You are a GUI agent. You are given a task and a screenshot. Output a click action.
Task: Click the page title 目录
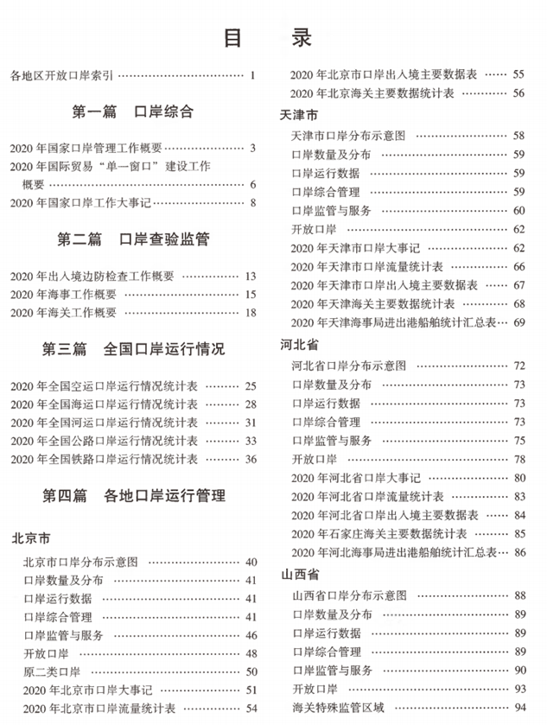coord(267,39)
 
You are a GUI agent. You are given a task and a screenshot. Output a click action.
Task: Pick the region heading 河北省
coord(299,346)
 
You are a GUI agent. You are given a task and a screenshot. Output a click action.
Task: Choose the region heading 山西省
coord(299,574)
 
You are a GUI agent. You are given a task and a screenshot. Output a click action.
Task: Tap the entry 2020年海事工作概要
coord(62,295)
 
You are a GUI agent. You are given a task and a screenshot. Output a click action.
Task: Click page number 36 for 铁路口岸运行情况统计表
coord(251,459)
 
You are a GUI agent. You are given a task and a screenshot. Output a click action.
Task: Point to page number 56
coord(518,93)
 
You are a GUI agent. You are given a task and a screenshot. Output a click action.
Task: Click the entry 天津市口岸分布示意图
coord(348,136)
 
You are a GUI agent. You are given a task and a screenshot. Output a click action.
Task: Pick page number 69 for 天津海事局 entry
coord(518,322)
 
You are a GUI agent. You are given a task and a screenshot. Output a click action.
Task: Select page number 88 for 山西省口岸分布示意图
coord(518,595)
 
